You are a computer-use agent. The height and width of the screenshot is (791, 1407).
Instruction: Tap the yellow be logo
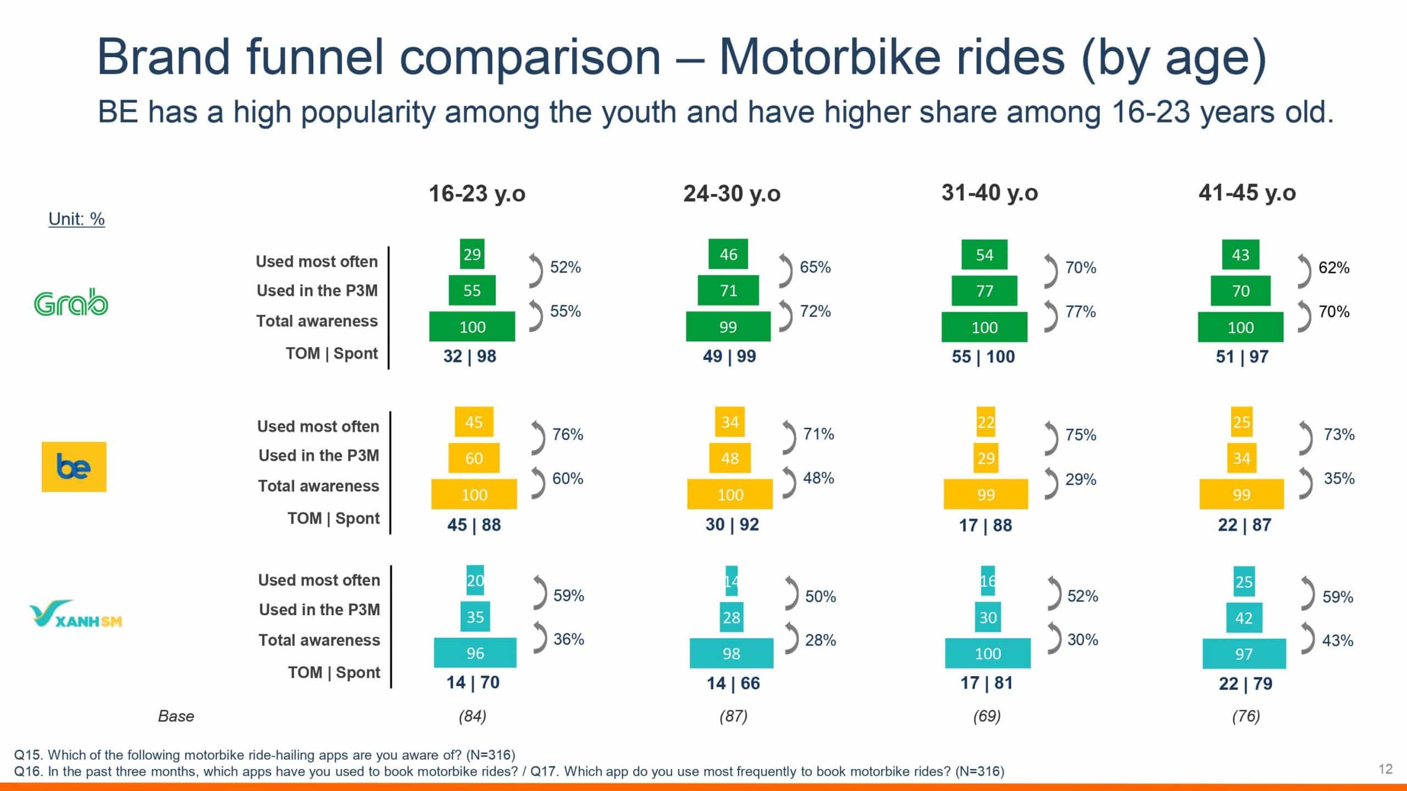[x=74, y=467]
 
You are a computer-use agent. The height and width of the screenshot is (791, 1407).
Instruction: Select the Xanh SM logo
[x=76, y=614]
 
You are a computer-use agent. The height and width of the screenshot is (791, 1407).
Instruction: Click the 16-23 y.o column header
[x=477, y=193]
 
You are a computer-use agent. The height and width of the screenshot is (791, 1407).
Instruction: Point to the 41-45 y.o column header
[x=1247, y=193]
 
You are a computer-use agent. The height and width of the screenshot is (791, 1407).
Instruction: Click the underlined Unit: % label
[x=76, y=219]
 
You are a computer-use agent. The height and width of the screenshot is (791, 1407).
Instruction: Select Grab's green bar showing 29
[x=472, y=254]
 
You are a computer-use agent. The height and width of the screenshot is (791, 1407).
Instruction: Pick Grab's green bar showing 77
[x=984, y=291]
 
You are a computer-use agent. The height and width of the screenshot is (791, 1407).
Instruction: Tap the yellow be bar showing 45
[x=474, y=422]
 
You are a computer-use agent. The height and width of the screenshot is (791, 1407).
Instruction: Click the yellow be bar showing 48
[x=730, y=458]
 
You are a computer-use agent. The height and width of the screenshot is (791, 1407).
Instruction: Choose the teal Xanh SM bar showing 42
[x=1244, y=618]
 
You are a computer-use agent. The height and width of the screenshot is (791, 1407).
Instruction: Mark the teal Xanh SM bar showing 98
[x=732, y=653]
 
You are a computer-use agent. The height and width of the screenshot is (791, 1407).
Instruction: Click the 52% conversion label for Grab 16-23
[x=566, y=267]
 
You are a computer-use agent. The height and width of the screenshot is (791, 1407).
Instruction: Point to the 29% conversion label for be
[x=1081, y=479]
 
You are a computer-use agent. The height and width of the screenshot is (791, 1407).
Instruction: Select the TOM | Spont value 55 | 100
[x=983, y=356]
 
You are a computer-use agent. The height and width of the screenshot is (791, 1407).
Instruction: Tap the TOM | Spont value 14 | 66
[x=733, y=683]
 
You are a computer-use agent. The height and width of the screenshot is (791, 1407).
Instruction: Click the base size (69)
[x=987, y=716]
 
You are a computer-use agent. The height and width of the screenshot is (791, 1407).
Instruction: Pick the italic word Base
[x=176, y=716]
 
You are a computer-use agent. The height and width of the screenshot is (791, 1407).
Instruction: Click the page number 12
[x=1386, y=768]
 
